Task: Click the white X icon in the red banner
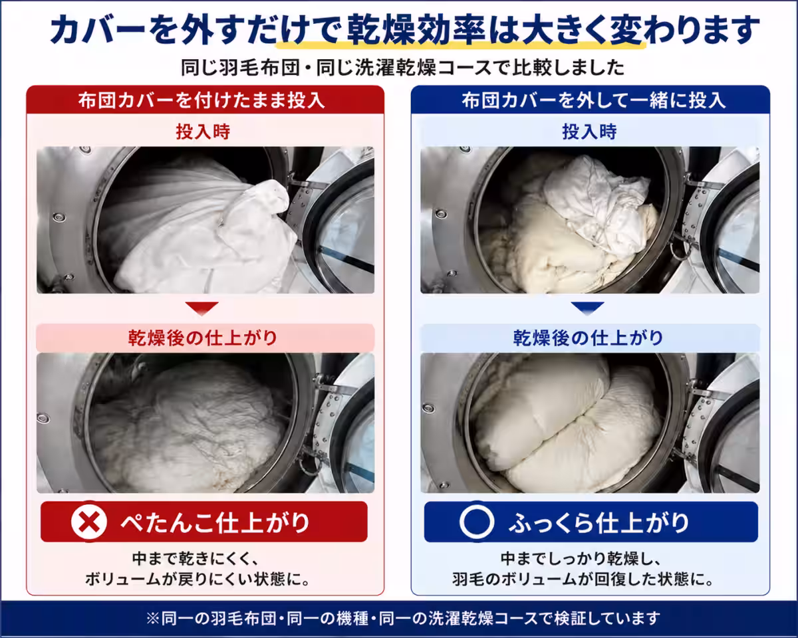[x=89, y=522]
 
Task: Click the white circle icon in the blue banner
[x=477, y=522]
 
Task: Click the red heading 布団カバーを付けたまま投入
[x=201, y=101]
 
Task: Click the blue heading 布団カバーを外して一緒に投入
[x=594, y=101]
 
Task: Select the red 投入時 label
[x=203, y=132]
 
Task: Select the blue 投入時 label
[x=590, y=132]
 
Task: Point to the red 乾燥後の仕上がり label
[x=203, y=338]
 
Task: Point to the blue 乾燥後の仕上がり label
[x=589, y=338]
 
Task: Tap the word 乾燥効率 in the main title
[x=416, y=30]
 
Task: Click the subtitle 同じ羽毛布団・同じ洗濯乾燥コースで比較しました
[x=403, y=68]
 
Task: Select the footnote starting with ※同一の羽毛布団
[x=403, y=618]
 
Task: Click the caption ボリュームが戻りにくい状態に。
[x=198, y=579]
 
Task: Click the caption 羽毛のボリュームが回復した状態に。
[x=583, y=579]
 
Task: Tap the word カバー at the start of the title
[x=98, y=30]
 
